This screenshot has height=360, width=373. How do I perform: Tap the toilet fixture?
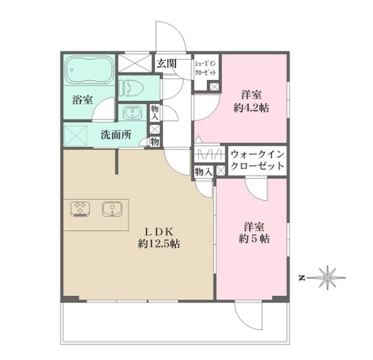click(132, 87)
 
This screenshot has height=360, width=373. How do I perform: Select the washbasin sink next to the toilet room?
click(133, 112)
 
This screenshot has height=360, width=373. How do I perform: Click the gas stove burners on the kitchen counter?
click(81, 209)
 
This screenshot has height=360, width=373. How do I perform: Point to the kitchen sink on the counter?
click(112, 209)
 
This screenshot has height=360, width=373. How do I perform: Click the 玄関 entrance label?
click(167, 64)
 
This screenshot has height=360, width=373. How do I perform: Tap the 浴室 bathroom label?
click(82, 100)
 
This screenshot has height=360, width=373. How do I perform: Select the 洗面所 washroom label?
click(116, 135)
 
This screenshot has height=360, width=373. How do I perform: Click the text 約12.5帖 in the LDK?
click(159, 244)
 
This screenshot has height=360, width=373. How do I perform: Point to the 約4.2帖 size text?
click(251, 108)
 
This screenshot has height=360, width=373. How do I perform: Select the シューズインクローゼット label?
click(205, 68)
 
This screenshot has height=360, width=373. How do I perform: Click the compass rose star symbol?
click(327, 277)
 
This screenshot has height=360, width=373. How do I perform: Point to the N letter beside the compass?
click(302, 278)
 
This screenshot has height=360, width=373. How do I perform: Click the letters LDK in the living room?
click(160, 231)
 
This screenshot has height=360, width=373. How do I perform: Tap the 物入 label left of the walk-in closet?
click(203, 172)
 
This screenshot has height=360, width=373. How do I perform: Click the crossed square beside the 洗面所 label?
click(75, 135)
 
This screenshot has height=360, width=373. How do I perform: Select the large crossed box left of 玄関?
click(134, 63)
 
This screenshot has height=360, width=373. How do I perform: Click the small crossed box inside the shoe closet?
click(214, 86)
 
